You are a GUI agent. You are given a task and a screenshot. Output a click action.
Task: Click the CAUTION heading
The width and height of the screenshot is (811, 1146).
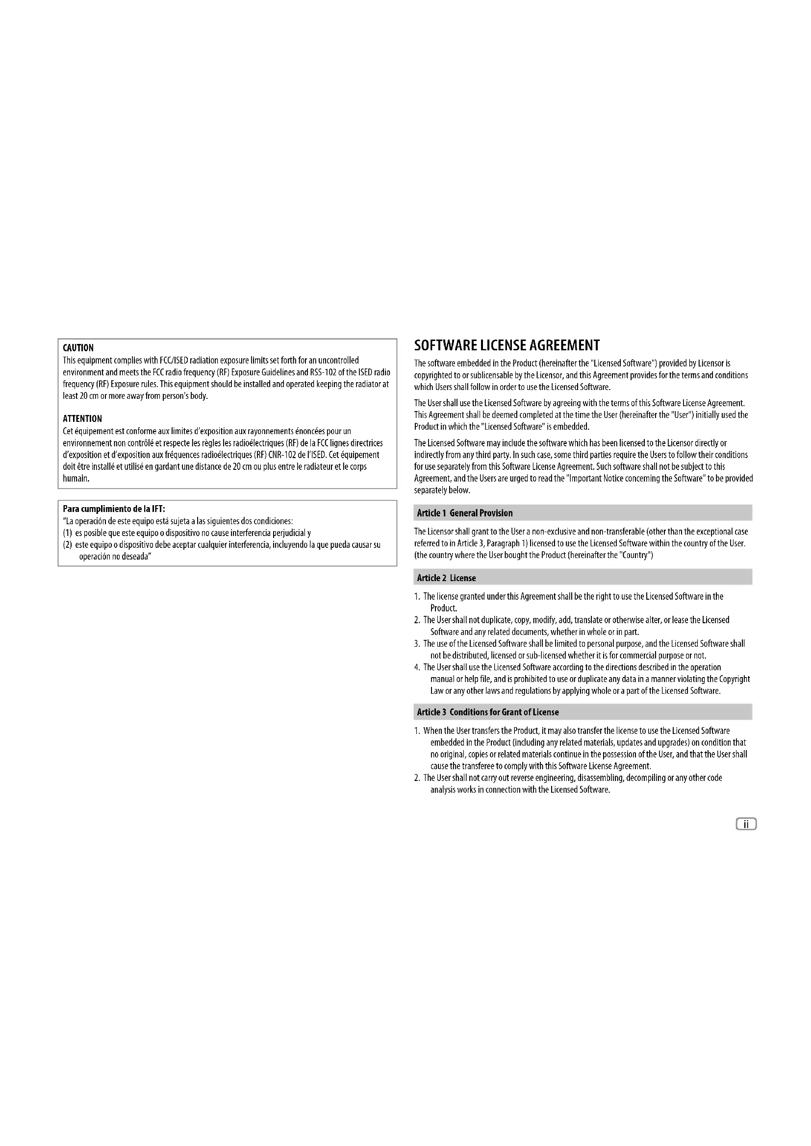click(78, 348)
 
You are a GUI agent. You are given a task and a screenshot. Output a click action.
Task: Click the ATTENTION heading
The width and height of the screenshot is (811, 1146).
click(82, 419)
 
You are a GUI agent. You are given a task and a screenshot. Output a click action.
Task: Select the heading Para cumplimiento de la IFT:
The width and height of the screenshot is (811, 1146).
click(114, 509)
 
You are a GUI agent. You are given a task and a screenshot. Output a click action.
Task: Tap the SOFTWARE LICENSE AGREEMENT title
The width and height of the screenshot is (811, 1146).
click(507, 345)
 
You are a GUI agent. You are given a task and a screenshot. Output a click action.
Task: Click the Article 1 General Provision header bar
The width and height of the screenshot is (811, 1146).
click(583, 512)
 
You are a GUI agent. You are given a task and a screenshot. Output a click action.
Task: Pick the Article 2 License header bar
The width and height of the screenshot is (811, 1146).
click(583, 578)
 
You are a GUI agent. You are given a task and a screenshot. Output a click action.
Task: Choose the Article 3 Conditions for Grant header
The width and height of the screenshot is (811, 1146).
click(583, 712)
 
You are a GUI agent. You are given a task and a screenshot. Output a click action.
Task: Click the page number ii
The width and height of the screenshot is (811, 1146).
click(746, 824)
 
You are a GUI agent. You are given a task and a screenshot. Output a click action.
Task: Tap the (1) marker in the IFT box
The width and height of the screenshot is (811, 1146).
click(68, 533)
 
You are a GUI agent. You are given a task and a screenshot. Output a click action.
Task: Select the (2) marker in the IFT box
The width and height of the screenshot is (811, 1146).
click(68, 544)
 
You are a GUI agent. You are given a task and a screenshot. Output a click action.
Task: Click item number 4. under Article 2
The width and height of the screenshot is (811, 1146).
click(417, 667)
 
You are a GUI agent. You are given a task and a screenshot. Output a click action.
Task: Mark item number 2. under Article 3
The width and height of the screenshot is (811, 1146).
click(417, 778)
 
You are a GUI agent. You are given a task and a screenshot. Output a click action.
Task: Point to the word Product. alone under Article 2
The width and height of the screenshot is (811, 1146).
click(443, 608)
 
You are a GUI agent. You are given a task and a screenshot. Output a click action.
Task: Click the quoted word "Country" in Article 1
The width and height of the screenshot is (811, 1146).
click(634, 555)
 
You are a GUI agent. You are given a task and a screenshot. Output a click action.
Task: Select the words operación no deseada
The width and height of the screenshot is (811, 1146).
click(115, 557)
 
